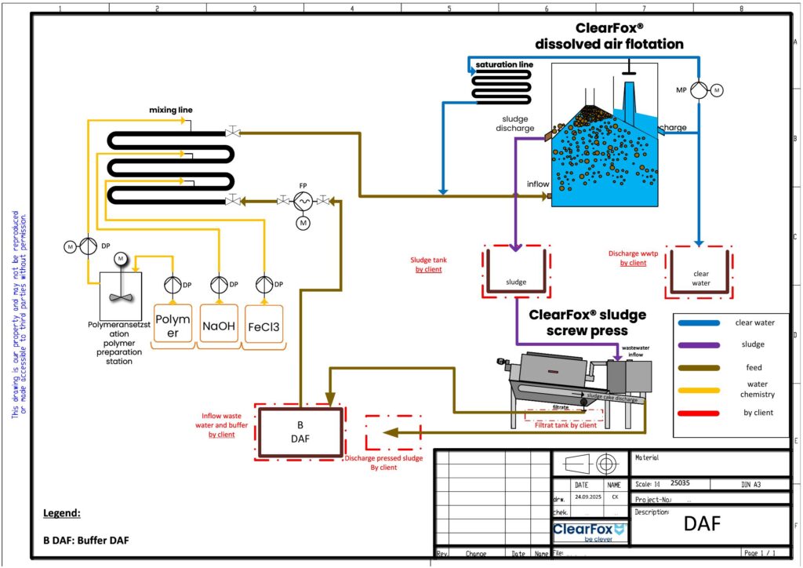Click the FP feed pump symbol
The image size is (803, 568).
tap(303, 201)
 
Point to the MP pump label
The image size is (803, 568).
tap(681, 90)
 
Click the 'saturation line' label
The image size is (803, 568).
tap(504, 64)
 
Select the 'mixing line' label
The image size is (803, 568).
tap(171, 111)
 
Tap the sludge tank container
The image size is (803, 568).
tap(515, 272)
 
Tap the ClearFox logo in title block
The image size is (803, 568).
tap(588, 530)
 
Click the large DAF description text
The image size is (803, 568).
tap(702, 524)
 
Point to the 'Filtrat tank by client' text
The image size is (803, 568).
tap(565, 425)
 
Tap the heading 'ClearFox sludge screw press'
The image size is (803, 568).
tap(587, 322)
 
